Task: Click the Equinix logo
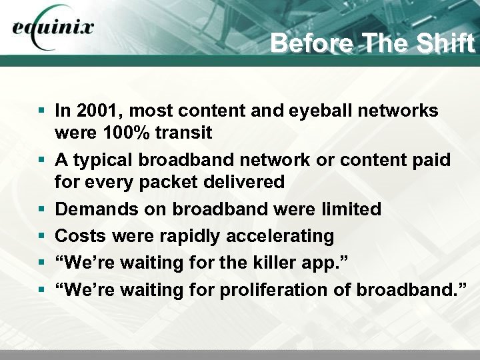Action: [x=53, y=29]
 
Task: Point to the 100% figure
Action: [x=125, y=133]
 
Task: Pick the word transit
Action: [x=183, y=133]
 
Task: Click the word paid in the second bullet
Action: [x=431, y=160]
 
